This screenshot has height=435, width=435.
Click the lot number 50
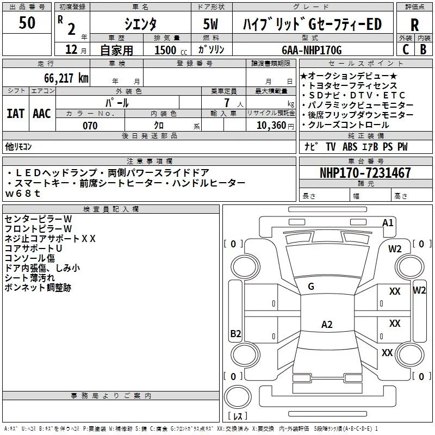27,22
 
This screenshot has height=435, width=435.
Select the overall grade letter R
414,25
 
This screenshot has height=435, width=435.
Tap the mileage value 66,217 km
66,78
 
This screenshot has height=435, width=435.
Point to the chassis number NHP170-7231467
365,173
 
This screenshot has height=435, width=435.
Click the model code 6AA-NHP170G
312,50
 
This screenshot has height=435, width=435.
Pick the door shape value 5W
210,24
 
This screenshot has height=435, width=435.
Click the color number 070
90,126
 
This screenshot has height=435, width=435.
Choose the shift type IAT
16,114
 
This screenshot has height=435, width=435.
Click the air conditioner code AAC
42,114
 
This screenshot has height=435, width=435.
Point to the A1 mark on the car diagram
388,223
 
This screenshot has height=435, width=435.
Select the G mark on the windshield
311,287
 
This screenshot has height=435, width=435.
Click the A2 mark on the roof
327,324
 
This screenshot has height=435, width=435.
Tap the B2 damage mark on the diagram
235,333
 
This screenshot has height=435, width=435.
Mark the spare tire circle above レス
238,397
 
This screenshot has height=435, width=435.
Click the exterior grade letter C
406,49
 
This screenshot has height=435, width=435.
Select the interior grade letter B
423,49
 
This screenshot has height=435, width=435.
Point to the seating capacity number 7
227,103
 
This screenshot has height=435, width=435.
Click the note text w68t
23,194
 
